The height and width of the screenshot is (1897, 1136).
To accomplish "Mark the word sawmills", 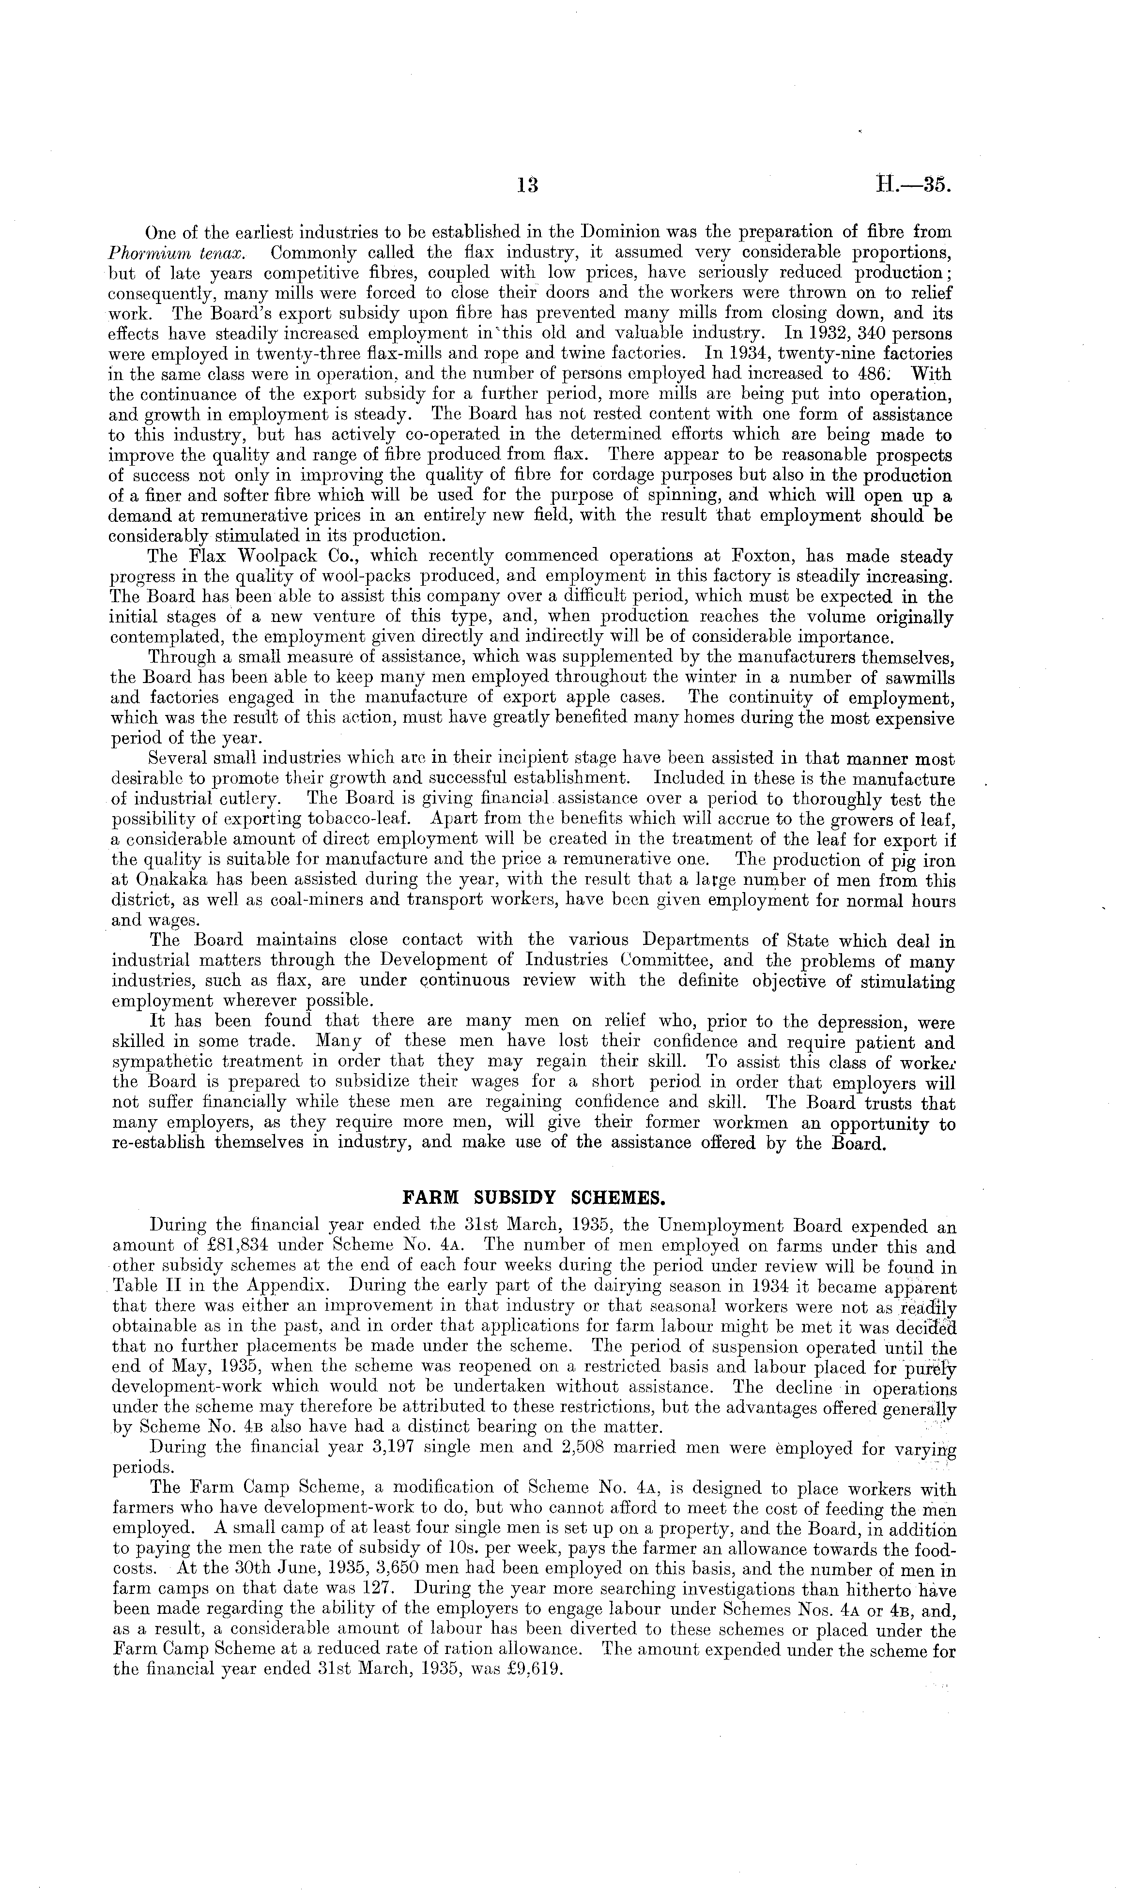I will (918, 678).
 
